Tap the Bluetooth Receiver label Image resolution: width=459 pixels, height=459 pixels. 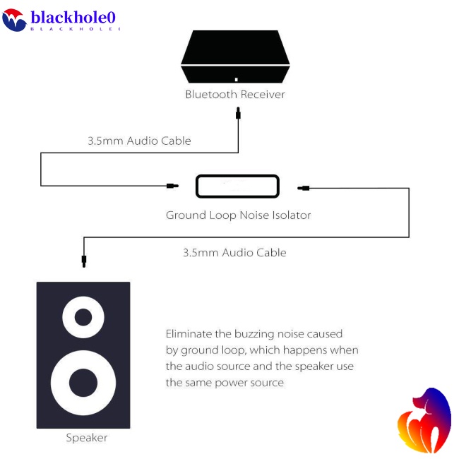coord(235,95)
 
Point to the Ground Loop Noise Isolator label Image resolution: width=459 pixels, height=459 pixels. coord(238,215)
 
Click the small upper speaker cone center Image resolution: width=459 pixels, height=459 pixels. coord(83,317)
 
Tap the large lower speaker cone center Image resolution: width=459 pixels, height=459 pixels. coord(83,382)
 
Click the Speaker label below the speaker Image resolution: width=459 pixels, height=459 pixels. coord(87,438)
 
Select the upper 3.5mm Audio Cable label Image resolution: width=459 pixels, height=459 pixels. coord(139,141)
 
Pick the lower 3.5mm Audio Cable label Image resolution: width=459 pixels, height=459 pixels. coord(234,252)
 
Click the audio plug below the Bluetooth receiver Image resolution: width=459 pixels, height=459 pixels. coord(239,112)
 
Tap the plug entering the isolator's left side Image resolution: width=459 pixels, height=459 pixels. coord(172,186)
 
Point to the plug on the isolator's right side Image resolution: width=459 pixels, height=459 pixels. coord(304,188)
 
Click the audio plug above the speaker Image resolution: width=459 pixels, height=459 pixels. coord(84,261)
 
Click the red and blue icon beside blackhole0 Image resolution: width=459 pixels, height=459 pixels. coord(14,20)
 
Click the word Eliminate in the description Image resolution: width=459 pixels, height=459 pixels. coord(189,333)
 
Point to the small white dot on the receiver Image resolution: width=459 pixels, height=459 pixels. coord(236,79)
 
